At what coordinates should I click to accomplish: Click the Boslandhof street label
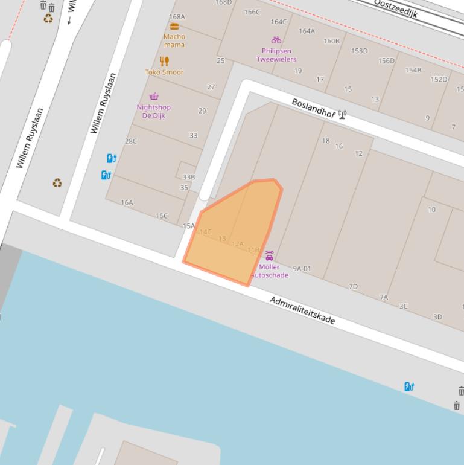point(313,107)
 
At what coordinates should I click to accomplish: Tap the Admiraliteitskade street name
point(302,310)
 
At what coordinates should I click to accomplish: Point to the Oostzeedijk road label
point(395,8)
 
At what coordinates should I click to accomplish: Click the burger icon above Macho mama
point(174,26)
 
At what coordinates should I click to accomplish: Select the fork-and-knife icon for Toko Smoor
point(164,61)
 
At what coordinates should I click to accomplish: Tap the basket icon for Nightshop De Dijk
point(154,96)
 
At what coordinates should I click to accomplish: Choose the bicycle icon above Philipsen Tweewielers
point(276,40)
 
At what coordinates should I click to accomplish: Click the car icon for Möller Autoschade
point(269,255)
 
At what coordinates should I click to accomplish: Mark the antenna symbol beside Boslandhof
point(342,114)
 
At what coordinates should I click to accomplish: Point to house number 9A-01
point(302,268)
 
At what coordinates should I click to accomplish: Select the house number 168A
point(177,17)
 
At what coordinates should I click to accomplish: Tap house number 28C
point(131,141)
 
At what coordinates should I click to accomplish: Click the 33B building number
point(188,177)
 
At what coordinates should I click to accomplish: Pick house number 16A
point(127,202)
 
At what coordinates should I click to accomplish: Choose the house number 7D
point(353,286)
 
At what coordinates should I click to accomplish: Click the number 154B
point(413,70)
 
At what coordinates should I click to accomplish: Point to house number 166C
point(252,12)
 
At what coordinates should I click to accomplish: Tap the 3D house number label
point(437,316)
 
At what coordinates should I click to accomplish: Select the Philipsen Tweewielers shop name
point(276,55)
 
